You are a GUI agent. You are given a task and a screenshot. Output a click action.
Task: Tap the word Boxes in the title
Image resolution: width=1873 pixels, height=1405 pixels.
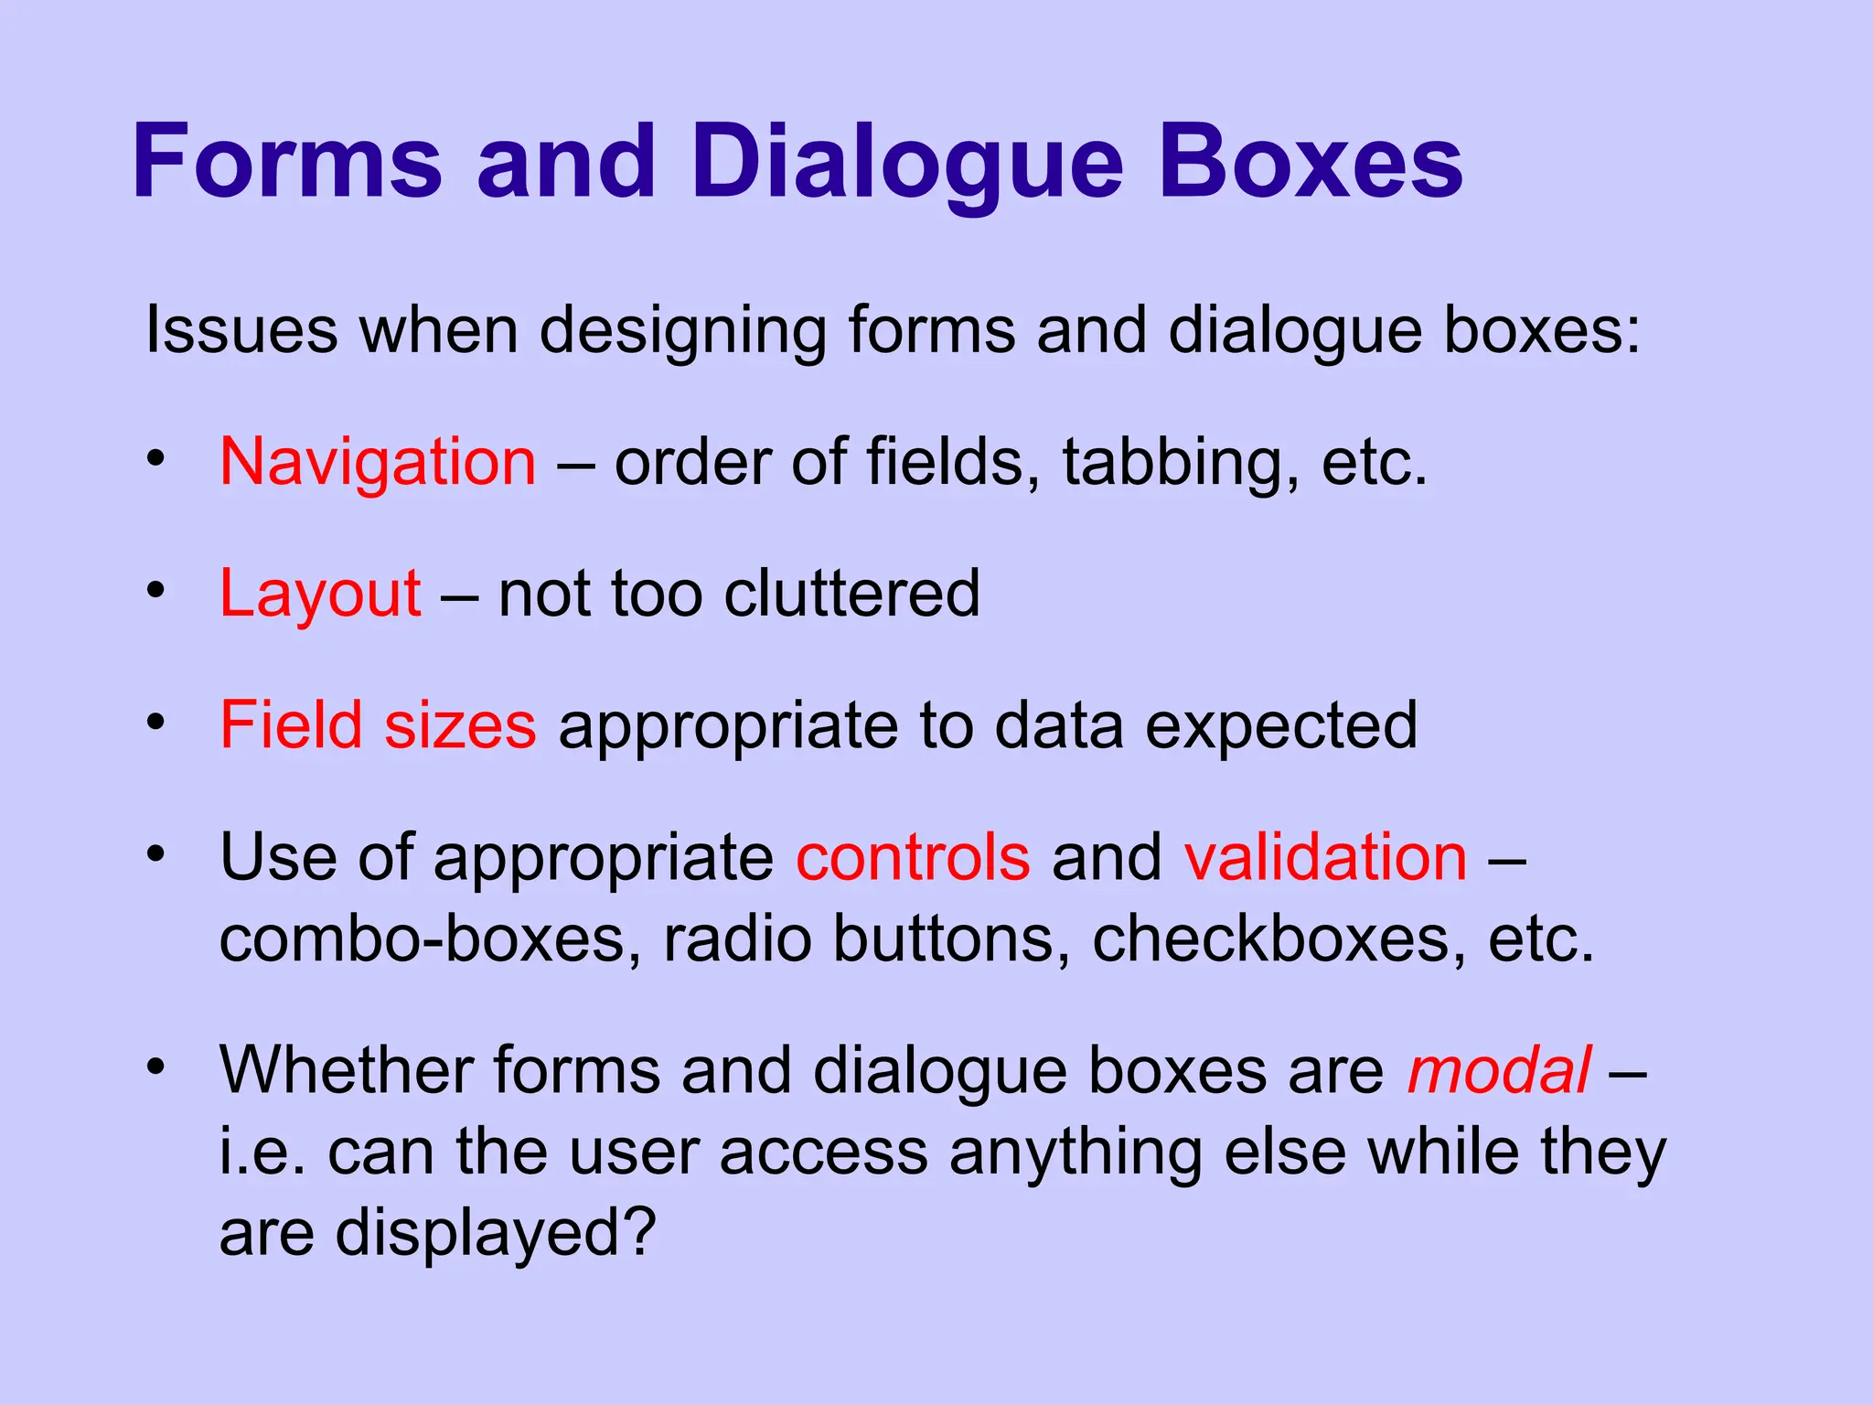tap(1311, 162)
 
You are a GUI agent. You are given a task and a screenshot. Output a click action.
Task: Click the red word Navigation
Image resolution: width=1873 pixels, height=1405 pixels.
tap(378, 463)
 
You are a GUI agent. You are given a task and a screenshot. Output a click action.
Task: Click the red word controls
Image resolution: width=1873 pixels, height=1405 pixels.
tap(913, 858)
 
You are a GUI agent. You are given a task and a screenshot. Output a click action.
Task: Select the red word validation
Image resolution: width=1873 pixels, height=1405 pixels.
tap(1325, 858)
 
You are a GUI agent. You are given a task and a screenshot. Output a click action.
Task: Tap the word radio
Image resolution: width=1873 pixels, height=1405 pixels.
tap(737, 939)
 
